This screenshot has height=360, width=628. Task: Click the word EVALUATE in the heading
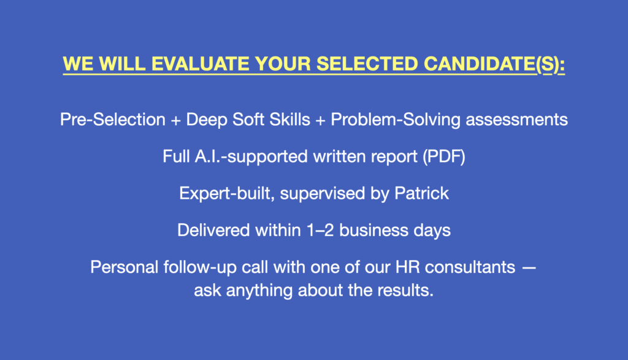tap(201, 64)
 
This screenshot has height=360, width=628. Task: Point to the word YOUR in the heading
tap(283, 64)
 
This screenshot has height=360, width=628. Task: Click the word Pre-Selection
tap(113, 120)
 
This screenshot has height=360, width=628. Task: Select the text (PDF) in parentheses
tap(444, 156)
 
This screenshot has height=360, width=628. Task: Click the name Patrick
tap(421, 193)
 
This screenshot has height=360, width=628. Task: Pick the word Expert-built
tap(227, 194)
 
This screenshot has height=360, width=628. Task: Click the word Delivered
tap(214, 230)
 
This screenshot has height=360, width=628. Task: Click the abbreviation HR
tap(408, 267)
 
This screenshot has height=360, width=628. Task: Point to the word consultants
tap(470, 267)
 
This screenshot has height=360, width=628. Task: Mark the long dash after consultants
tap(529, 268)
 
